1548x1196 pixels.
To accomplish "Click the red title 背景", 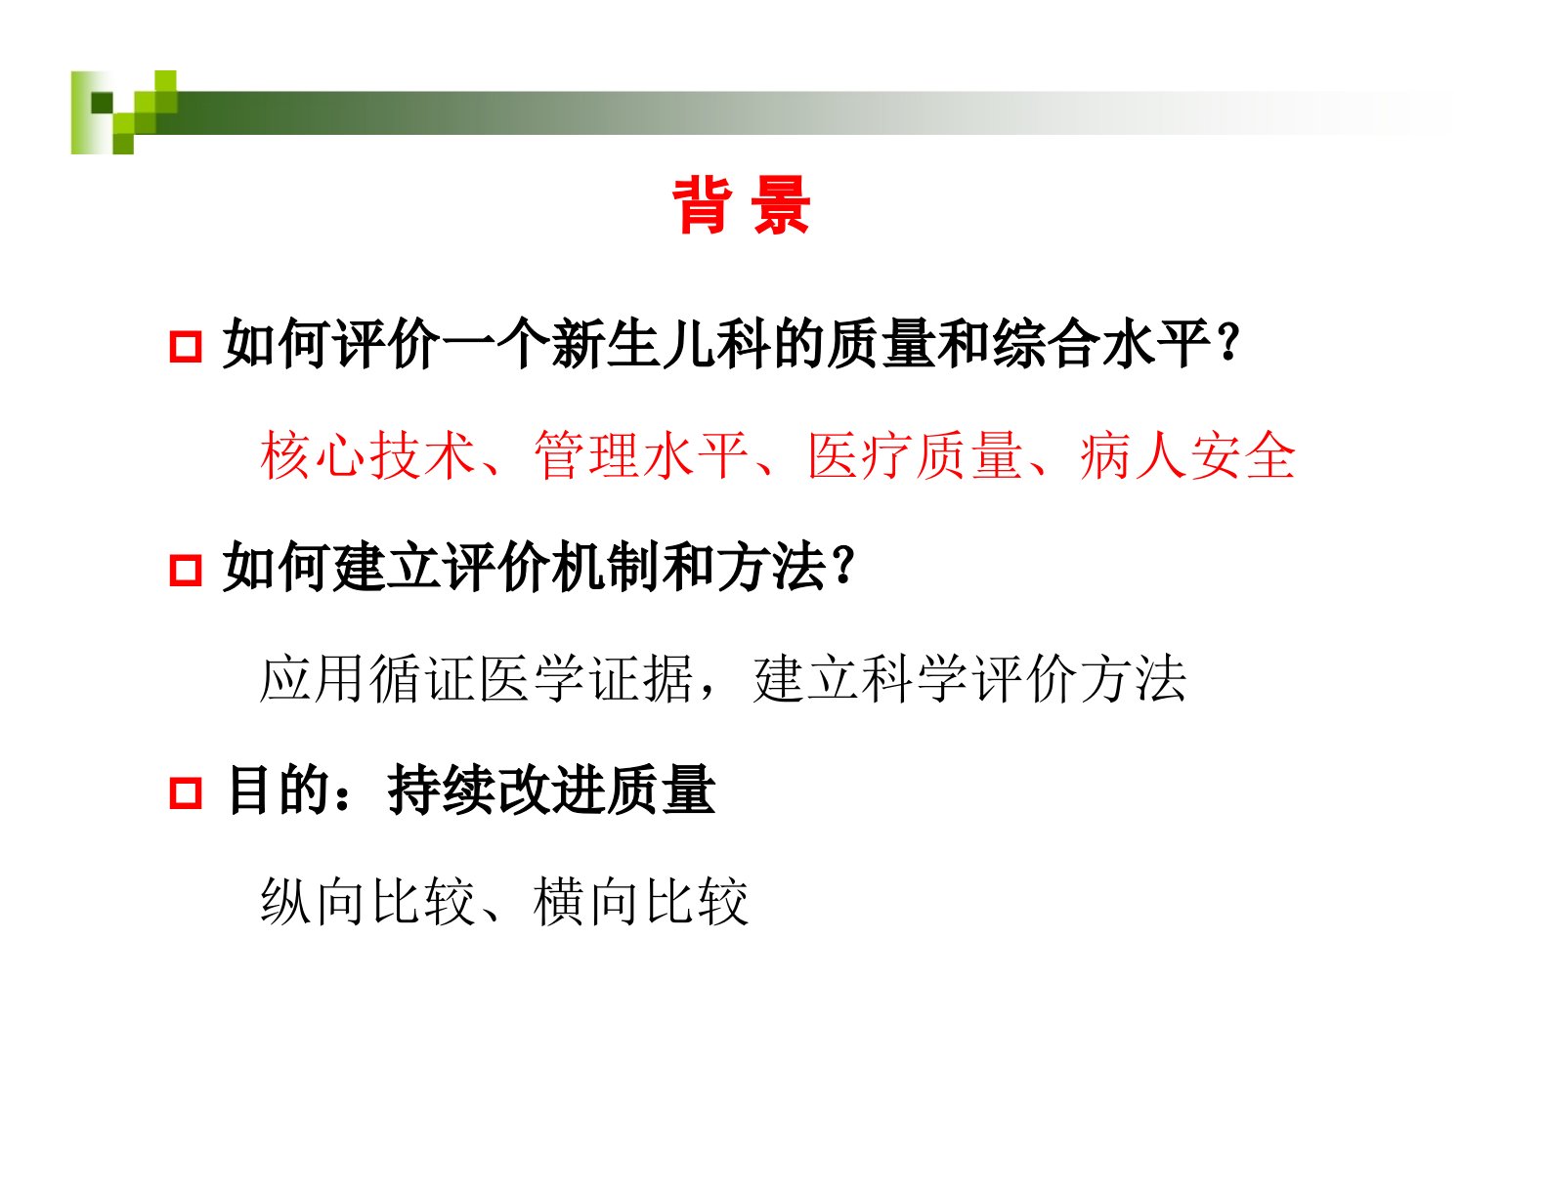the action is [741, 205].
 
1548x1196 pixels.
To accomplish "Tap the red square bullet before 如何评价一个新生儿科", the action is [186, 347].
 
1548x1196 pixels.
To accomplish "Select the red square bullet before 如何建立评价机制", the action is [186, 570].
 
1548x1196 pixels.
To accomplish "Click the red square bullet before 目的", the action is [186, 792].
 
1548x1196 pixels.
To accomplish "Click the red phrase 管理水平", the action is [641, 456].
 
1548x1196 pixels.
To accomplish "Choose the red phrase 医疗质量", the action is [915, 456].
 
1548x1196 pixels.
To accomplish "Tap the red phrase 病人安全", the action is [1187, 456].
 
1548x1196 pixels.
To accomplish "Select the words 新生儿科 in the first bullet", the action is [661, 345].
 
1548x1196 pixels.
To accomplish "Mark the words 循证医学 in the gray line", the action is [478, 679].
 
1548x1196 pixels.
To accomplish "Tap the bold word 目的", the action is [279, 790].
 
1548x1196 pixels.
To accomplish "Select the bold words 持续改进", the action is [496, 790].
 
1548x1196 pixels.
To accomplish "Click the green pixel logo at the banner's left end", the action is [124, 111].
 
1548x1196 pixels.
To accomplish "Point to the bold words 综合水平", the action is [1100, 345].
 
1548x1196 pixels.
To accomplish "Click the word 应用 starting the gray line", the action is [314, 679].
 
